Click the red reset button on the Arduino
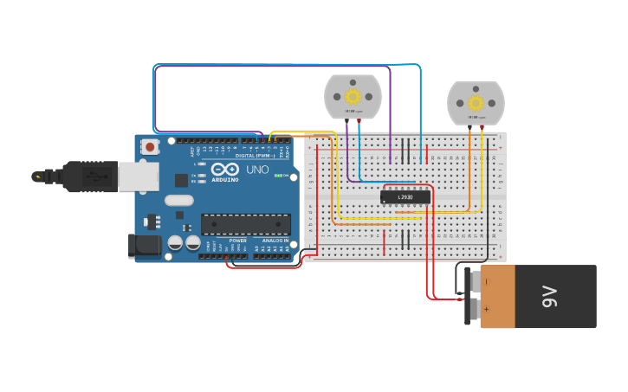point(151,147)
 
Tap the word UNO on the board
point(257,170)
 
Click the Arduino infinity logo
point(223,169)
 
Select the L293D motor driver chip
point(405,197)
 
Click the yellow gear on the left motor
point(353,96)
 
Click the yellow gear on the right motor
point(476,102)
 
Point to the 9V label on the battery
point(549,297)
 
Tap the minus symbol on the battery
point(486,280)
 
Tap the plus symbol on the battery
point(486,310)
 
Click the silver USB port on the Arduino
point(138,177)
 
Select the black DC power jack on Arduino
point(144,246)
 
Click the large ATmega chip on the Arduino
point(246,224)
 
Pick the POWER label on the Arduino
point(237,241)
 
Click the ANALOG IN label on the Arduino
point(275,241)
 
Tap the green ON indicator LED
point(277,176)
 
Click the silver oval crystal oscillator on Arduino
point(179,201)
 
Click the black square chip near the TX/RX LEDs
point(181,180)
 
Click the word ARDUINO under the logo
point(223,179)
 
